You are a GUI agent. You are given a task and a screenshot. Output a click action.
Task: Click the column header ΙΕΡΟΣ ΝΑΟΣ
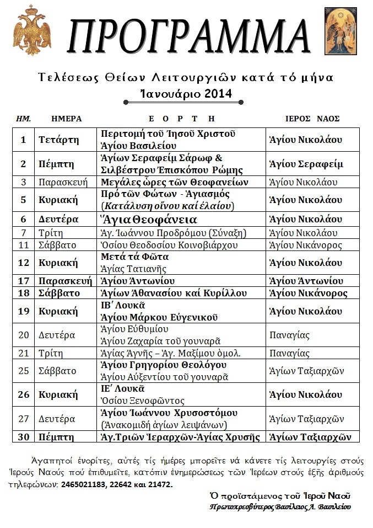point(312,119)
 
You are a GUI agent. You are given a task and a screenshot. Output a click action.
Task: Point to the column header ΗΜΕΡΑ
point(66,119)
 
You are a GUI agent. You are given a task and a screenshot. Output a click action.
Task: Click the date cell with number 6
point(24,219)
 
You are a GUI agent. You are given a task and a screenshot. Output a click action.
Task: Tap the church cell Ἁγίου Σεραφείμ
point(306,164)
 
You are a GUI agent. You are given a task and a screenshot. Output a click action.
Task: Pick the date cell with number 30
point(24,437)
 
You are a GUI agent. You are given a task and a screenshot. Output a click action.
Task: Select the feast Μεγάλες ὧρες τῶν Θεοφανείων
point(175,182)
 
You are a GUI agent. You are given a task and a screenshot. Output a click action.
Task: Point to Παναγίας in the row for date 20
point(290,335)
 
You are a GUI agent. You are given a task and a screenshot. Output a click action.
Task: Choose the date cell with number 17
point(24,281)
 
